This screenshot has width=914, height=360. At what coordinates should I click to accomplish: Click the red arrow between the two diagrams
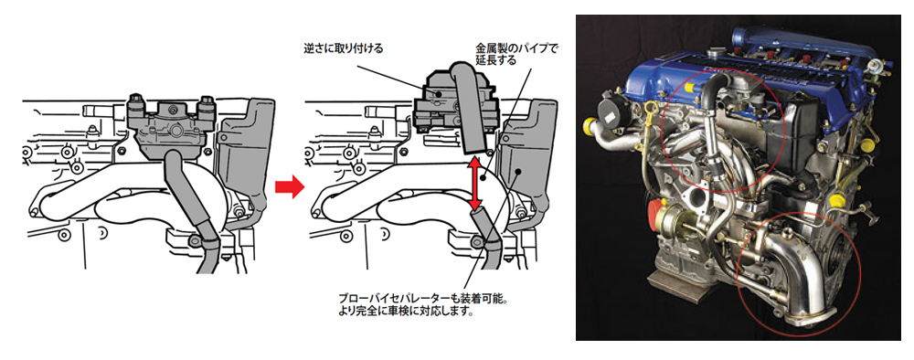pos(291,187)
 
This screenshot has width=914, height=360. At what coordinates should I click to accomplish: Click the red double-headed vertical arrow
pos(475,184)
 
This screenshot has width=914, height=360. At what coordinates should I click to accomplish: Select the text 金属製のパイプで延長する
pos(516,54)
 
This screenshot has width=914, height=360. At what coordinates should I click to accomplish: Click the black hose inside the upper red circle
pos(709,134)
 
